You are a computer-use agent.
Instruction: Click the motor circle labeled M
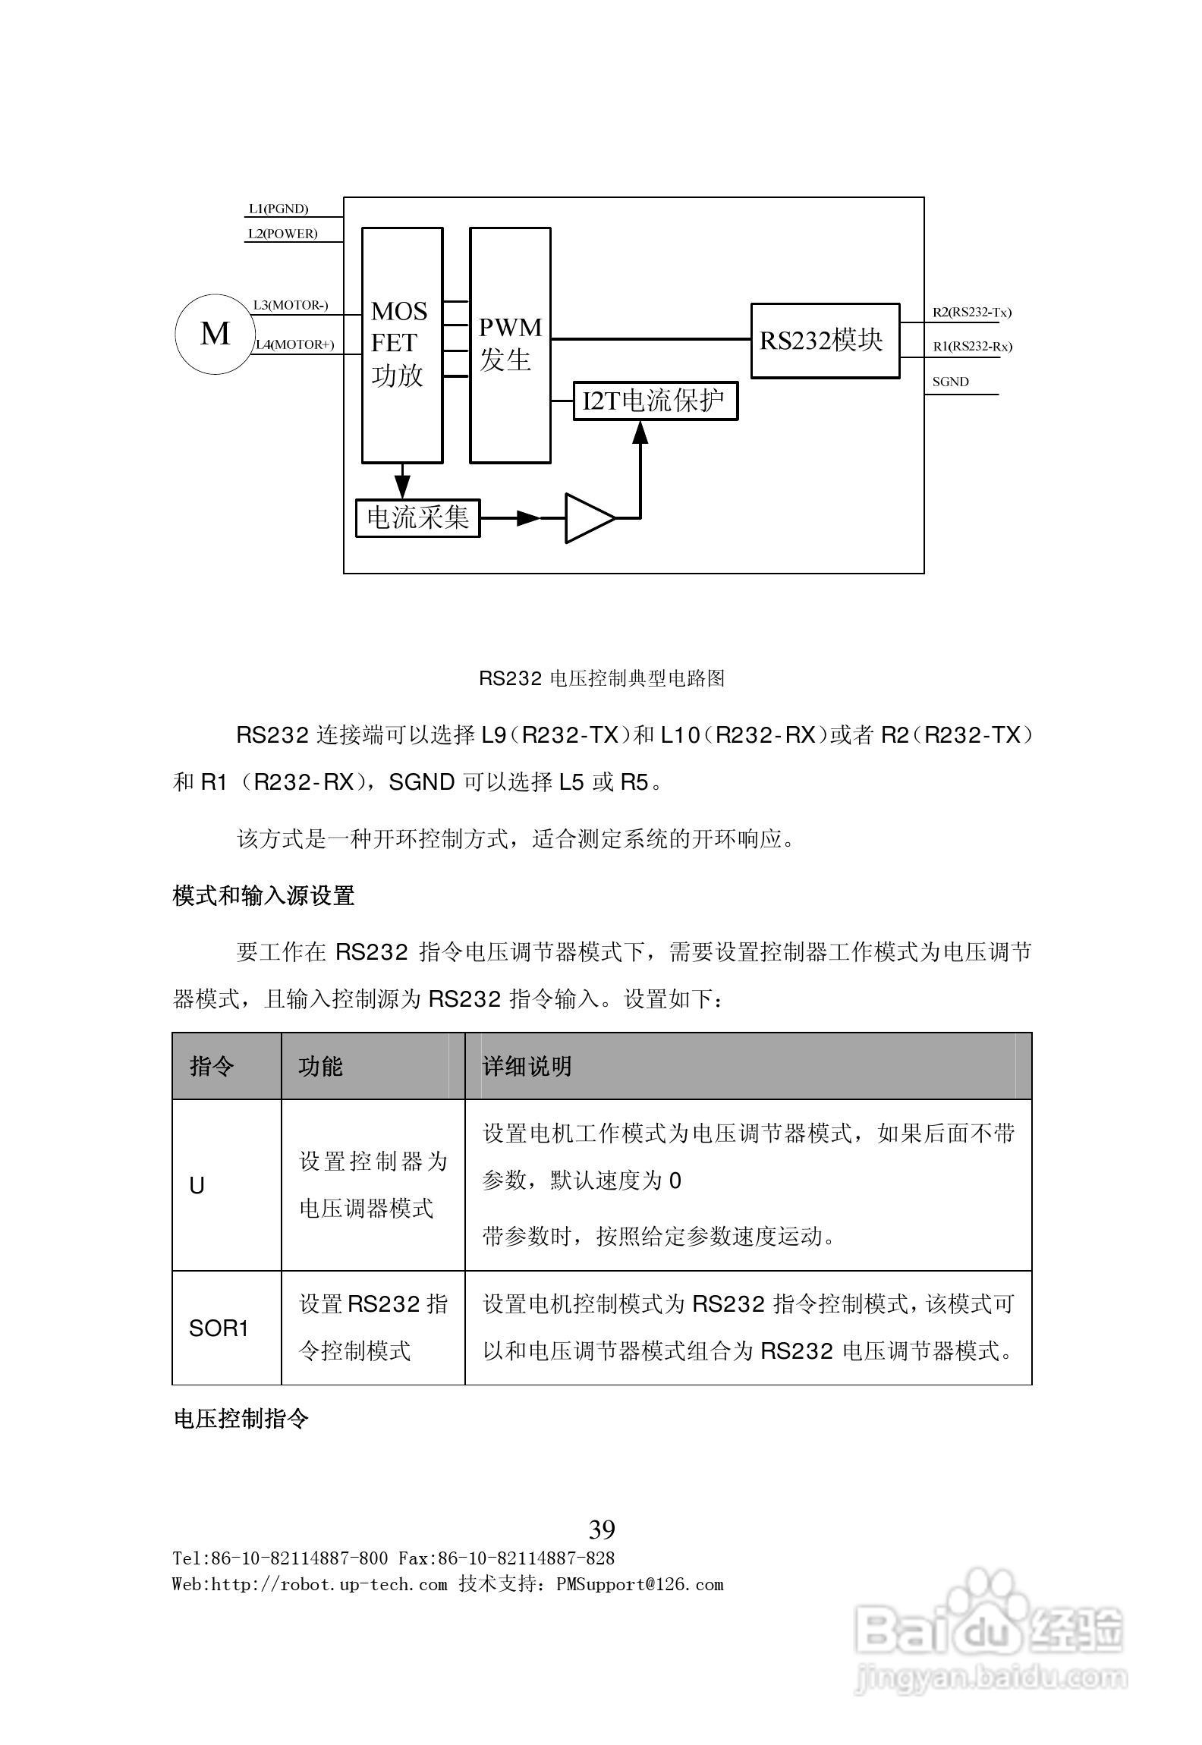tap(215, 334)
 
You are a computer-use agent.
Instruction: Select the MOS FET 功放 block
tap(401, 345)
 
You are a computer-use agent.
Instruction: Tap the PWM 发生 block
tap(510, 345)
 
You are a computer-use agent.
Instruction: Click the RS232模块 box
tap(825, 341)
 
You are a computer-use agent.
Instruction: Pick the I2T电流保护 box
tap(655, 401)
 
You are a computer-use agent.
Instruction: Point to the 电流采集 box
tap(418, 518)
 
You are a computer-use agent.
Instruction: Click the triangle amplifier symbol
tap(587, 518)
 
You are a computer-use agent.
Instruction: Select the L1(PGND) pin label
tap(278, 209)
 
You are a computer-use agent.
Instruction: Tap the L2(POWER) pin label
tap(282, 234)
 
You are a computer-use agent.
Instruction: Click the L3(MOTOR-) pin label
tap(291, 305)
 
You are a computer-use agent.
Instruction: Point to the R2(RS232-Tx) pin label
tap(971, 312)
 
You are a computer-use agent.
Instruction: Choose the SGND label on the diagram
tap(950, 382)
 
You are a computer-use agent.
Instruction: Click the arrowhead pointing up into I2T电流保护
tap(640, 432)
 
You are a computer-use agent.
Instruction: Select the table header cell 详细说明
tap(527, 1066)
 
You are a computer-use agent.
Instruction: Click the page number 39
tap(602, 1529)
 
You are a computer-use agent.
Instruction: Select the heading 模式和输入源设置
tap(263, 896)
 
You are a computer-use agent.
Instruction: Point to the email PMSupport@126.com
tap(640, 1584)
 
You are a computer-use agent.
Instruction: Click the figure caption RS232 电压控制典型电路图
tap(601, 678)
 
